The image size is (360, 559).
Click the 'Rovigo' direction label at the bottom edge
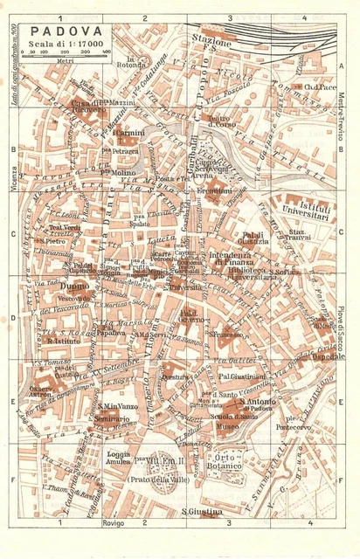[x=114, y=523]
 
